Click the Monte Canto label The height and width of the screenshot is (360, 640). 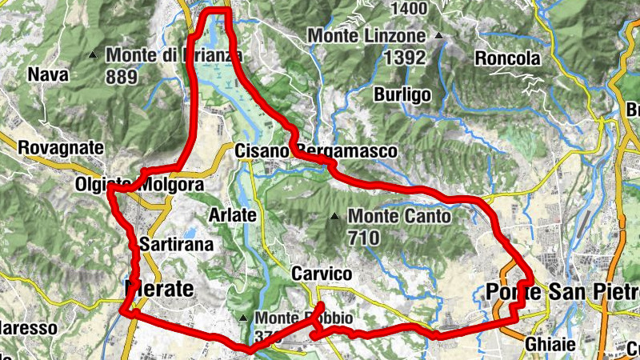tap(399, 216)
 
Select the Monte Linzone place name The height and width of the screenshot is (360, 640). tap(366, 37)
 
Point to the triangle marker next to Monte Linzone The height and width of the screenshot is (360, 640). tap(438, 36)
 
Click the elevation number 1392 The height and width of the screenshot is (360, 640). tap(404, 58)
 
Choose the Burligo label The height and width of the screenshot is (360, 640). tap(402, 94)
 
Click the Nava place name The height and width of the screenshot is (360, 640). tap(45, 75)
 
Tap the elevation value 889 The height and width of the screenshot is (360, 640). tap(121, 76)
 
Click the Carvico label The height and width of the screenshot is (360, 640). tap(322, 274)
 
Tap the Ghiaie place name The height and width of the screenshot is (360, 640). tap(550, 345)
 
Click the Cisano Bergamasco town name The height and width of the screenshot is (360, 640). tap(316, 151)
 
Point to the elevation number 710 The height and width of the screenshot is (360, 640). tap(366, 237)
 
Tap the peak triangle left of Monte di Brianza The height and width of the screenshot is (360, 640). tap(93, 55)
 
